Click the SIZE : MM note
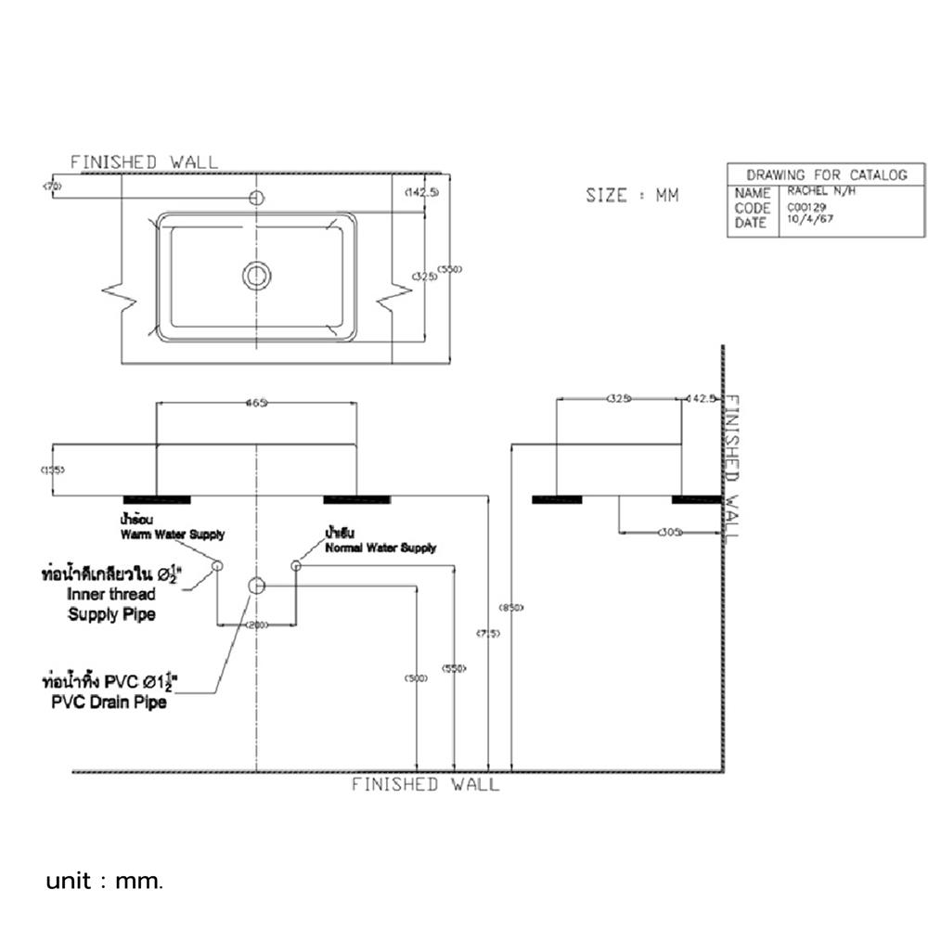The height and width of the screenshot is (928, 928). (632, 196)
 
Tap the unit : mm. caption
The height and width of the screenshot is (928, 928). (105, 880)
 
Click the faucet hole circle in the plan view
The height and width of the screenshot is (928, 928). (257, 198)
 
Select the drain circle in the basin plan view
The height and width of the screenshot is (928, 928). (257, 275)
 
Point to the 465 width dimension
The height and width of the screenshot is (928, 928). (256, 403)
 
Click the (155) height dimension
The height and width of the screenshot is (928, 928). (53, 470)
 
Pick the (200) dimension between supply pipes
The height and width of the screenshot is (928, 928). (257, 625)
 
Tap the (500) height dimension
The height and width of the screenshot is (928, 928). (416, 678)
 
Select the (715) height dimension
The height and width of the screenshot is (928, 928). (488, 633)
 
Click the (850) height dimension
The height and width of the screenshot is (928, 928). (511, 608)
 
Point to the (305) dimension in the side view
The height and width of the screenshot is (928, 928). (669, 533)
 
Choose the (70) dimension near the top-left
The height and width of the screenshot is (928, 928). (52, 187)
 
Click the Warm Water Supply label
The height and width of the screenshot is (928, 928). (172, 535)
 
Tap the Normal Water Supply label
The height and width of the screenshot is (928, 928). (380, 548)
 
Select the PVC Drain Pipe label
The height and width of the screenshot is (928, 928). (110, 702)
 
